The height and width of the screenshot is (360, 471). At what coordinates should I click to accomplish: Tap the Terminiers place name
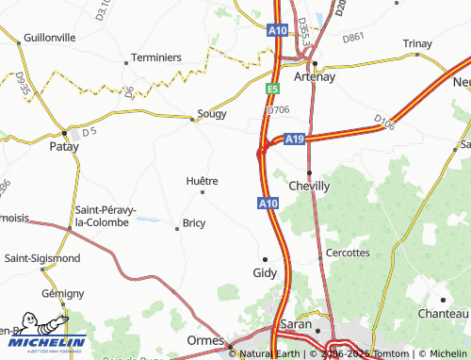click(155, 57)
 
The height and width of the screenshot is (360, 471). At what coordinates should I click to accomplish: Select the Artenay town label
click(315, 77)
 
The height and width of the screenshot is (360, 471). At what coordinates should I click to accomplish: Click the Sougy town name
click(212, 114)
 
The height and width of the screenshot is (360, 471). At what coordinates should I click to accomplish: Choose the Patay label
click(64, 147)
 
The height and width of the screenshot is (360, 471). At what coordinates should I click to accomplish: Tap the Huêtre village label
click(203, 180)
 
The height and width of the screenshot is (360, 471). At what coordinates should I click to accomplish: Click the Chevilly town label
click(309, 186)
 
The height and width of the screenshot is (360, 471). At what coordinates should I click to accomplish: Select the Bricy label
click(193, 223)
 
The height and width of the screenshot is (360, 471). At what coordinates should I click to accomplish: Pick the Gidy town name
click(266, 272)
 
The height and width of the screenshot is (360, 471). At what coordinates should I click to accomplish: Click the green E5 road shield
click(272, 89)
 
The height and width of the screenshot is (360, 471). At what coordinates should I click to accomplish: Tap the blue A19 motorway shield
click(295, 139)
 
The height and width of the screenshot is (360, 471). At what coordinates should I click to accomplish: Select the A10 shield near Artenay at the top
click(277, 30)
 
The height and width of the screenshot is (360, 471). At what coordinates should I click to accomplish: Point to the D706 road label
click(278, 109)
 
